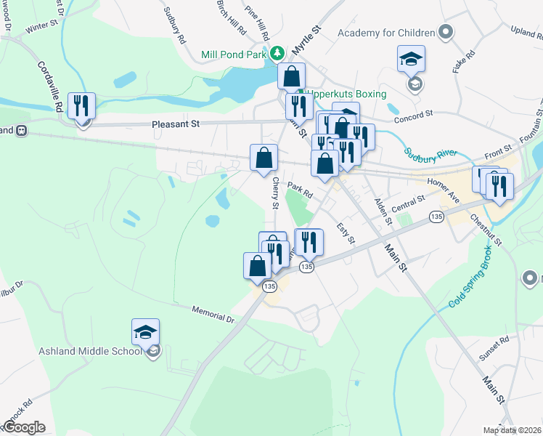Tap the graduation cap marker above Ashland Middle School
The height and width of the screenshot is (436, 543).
pyautogui.click(x=145, y=332)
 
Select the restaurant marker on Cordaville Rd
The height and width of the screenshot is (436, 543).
pyautogui.click(x=81, y=106)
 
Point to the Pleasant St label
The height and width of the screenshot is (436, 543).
pyautogui.click(x=176, y=124)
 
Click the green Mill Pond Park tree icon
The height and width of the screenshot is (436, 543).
pyautogui.click(x=277, y=54)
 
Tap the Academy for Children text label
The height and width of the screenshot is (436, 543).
pyautogui.click(x=385, y=33)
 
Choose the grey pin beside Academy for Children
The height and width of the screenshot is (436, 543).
pyautogui.click(x=446, y=32)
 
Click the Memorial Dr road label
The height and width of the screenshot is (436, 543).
pyautogui.click(x=213, y=314)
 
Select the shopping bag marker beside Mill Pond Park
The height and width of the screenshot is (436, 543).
pyautogui.click(x=291, y=76)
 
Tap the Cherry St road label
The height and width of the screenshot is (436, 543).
pyautogui.click(x=276, y=193)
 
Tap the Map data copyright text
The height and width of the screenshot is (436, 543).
pyautogui.click(x=513, y=430)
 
